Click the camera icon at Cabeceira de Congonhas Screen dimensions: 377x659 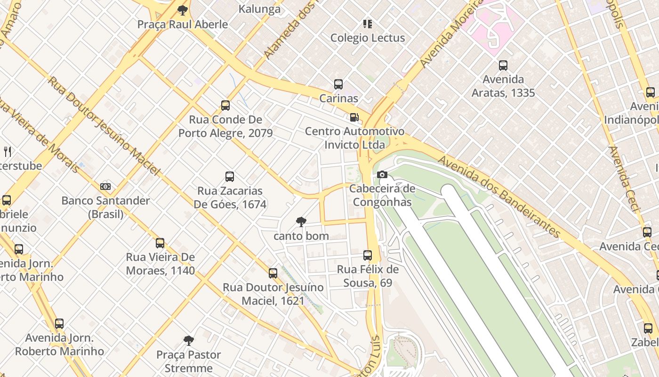382,175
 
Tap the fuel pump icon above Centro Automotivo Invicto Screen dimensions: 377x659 354,117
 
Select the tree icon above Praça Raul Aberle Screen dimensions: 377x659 183,10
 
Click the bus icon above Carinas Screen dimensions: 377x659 338,84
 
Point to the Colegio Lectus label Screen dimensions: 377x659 368,38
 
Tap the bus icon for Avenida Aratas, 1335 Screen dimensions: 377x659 503,66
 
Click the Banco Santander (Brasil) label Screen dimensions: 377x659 105,207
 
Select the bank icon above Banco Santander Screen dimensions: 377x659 105,187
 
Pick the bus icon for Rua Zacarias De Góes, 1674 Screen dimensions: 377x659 230,177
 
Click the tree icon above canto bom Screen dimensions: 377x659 301,222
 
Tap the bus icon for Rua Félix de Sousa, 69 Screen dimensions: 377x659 368,255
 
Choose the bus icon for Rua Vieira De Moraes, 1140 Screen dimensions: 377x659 160,243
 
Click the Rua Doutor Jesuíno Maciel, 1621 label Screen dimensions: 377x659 273,294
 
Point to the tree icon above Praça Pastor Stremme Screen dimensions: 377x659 189,340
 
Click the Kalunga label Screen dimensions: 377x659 259,8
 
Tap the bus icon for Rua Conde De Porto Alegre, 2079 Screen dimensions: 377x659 225,106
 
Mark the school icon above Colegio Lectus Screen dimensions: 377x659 368,24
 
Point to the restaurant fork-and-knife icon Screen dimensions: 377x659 8,151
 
